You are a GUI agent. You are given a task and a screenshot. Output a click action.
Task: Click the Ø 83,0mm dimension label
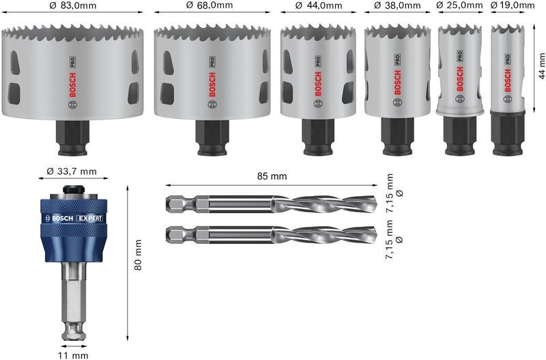73,5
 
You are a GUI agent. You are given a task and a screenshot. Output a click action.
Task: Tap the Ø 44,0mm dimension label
318,5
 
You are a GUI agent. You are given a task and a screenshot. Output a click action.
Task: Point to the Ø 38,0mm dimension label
396,5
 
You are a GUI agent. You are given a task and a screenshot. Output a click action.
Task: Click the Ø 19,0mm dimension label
511,5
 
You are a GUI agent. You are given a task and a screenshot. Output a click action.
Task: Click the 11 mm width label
73,355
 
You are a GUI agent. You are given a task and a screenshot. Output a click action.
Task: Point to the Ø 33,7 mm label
74,171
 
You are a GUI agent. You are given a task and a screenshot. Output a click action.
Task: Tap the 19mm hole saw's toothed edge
506,29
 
